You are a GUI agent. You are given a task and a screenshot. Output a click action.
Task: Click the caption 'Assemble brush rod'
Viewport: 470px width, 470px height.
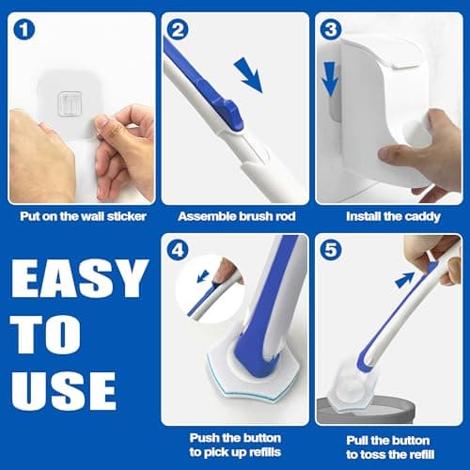(235, 214)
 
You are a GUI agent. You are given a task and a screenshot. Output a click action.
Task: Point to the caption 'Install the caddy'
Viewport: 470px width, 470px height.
(389, 214)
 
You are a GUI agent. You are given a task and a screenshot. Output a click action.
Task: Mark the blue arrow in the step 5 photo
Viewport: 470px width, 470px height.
(405, 279)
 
